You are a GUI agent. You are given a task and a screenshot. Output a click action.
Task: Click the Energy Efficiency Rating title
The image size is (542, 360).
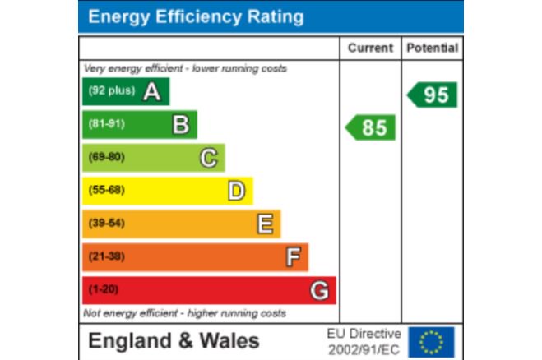point(196,16)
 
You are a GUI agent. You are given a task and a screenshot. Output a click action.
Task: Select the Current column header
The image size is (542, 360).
point(370,48)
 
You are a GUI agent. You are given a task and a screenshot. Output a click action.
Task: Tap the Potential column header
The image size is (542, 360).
point(432,48)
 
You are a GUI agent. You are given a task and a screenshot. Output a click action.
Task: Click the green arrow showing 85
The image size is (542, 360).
point(371,127)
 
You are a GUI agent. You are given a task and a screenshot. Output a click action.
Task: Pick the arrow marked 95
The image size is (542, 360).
point(433,95)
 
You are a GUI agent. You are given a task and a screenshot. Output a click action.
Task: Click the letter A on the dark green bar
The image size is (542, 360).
point(151,91)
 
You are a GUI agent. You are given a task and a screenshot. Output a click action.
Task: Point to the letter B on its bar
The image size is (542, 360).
point(180,124)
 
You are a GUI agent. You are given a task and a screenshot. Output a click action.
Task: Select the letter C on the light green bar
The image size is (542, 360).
point(209,157)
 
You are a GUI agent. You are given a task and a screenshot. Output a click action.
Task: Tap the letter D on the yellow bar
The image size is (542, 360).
point(236,191)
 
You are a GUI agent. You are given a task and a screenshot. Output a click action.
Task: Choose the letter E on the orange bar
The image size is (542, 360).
point(265,224)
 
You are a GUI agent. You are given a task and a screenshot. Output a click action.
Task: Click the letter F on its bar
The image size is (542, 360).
point(293,257)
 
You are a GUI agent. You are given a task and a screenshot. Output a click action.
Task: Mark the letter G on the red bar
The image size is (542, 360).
point(320,290)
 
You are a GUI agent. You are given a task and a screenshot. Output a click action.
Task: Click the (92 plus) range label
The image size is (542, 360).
point(111,91)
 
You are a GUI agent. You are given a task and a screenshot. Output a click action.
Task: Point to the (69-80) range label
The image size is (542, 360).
point(106,157)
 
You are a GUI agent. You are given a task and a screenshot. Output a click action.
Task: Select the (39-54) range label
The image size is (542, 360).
point(106,224)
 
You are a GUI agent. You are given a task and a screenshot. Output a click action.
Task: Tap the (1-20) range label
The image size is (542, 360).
point(103,290)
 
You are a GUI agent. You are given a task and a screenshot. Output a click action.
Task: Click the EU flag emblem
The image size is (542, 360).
point(432,341)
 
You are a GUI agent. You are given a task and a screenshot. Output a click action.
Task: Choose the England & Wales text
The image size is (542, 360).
point(174,341)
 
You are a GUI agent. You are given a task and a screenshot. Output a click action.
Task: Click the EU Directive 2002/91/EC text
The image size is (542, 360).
point(364,341)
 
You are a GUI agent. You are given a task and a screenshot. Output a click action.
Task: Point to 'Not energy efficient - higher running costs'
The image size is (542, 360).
point(185,313)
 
